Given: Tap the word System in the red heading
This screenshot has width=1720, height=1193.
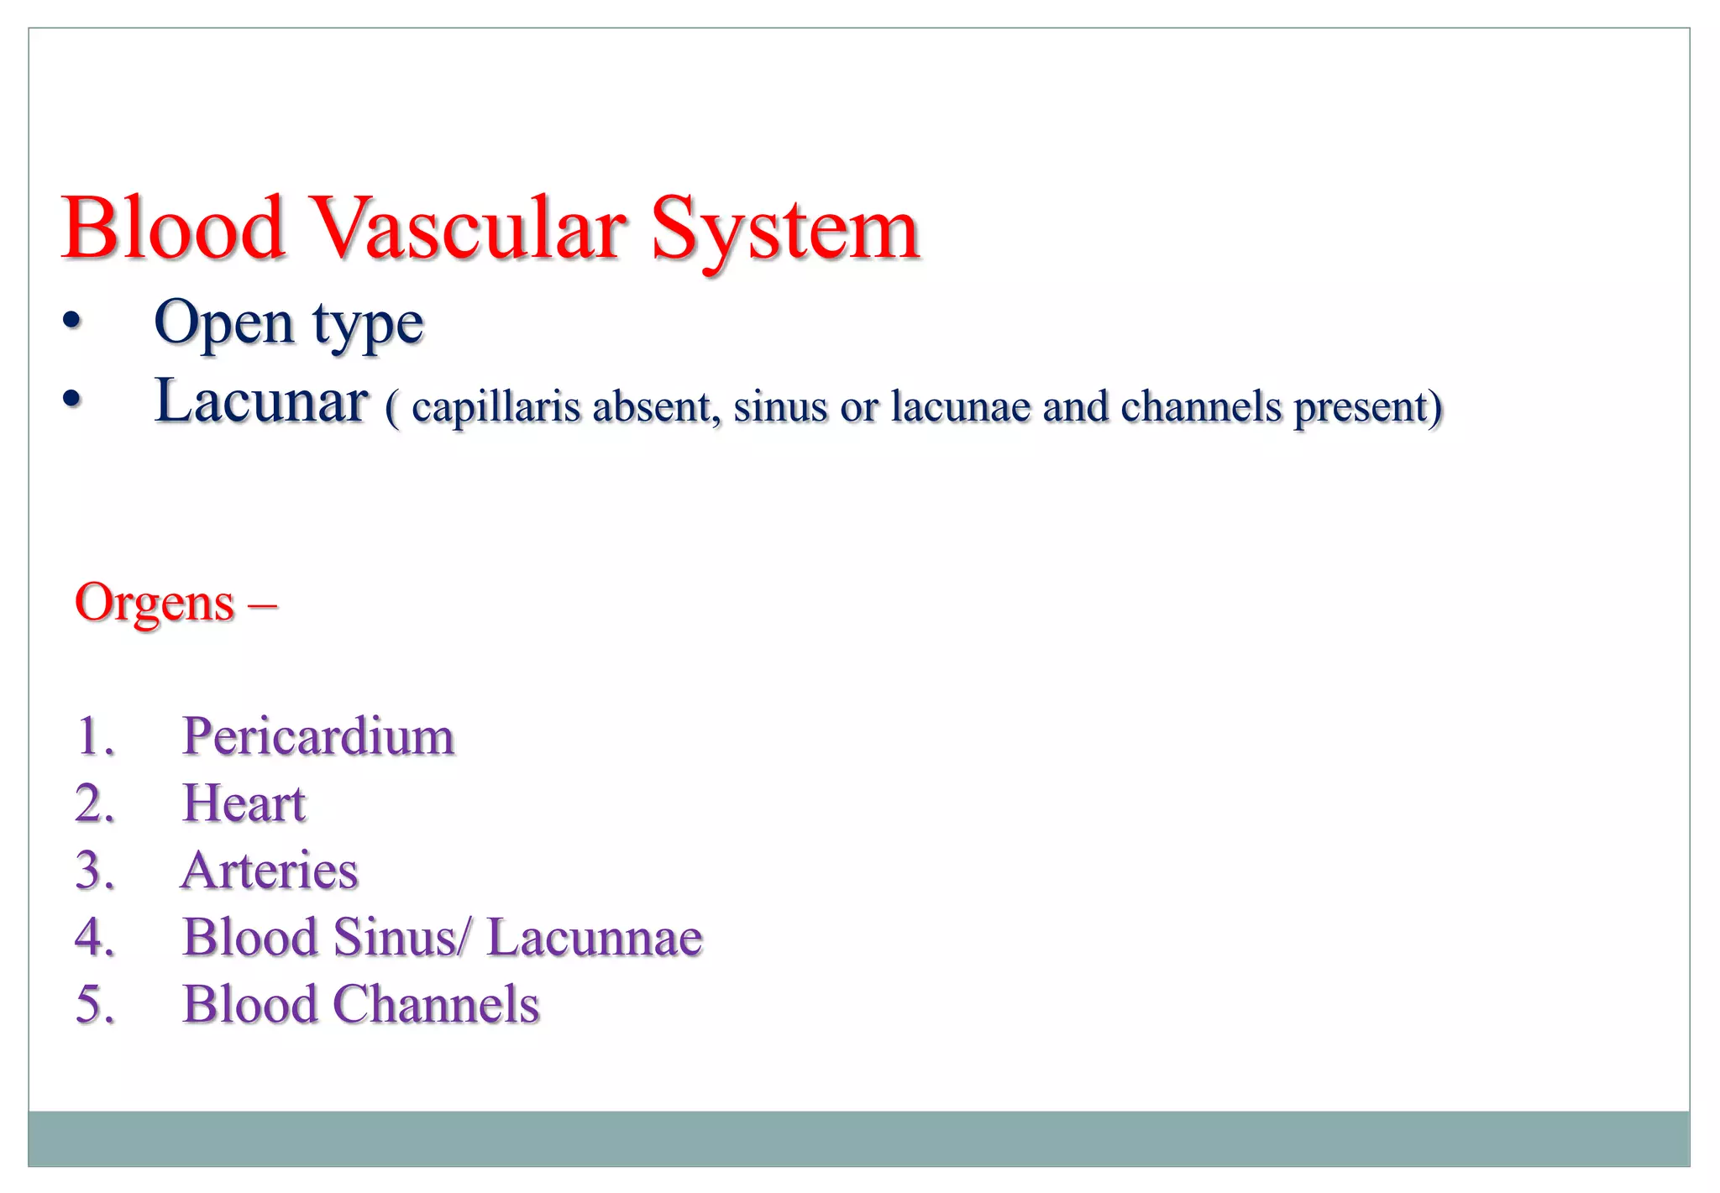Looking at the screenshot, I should pyautogui.click(x=784, y=228).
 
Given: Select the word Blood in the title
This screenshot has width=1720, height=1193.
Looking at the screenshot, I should pyautogui.click(x=173, y=228).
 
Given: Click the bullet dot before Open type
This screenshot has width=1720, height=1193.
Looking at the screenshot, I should pyautogui.click(x=72, y=322).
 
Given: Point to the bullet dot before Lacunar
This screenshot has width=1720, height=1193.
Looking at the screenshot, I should pyautogui.click(x=72, y=400).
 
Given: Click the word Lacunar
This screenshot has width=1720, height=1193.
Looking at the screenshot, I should pyautogui.click(x=261, y=401).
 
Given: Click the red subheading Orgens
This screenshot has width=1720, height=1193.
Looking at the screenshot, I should pyautogui.click(x=155, y=603).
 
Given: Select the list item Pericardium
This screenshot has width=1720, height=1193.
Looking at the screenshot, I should pyautogui.click(x=318, y=736).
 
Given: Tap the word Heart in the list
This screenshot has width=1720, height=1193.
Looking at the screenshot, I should pyautogui.click(x=244, y=803).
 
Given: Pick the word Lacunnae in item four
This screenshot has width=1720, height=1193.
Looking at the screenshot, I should pyautogui.click(x=595, y=938).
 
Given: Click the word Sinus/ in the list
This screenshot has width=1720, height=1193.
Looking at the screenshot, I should pyautogui.click(x=402, y=938).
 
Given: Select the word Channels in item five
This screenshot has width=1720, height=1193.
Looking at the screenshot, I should pyautogui.click(x=436, y=1005).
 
